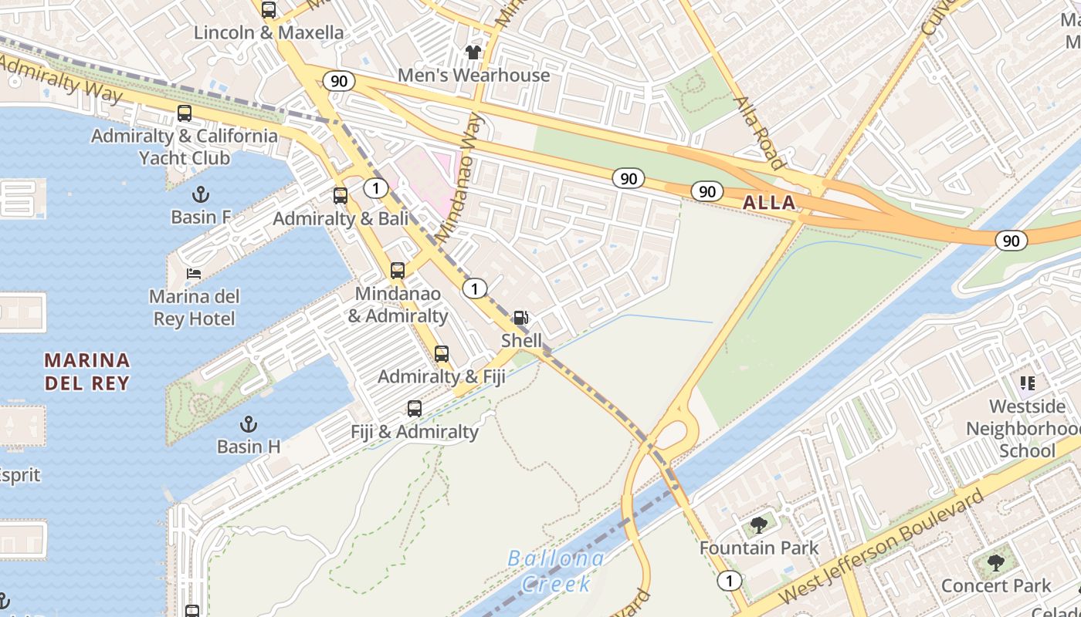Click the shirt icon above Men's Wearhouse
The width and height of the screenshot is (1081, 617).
point(473,52)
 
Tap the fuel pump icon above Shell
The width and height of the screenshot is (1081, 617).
point(521,318)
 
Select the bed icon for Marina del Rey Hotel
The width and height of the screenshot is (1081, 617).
point(193,274)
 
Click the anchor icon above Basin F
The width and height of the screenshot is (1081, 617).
point(201,194)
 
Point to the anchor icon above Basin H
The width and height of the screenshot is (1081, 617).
point(248,423)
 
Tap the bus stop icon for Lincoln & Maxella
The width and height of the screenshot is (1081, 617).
point(268,10)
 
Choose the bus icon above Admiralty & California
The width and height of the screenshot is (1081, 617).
point(184,113)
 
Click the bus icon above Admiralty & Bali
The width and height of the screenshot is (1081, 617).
point(341,196)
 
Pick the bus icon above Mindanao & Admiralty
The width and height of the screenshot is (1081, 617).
point(397,271)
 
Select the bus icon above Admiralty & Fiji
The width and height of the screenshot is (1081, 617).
point(441,354)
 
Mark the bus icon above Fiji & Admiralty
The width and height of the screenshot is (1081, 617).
point(415,409)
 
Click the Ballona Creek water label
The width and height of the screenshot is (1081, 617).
point(555,570)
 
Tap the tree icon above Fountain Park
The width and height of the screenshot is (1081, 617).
point(758,525)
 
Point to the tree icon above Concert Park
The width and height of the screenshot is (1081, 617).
point(995,562)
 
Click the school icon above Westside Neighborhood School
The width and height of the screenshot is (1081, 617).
point(1027,383)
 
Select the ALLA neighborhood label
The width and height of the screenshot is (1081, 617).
point(768,203)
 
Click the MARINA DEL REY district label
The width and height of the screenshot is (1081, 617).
point(86,371)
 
